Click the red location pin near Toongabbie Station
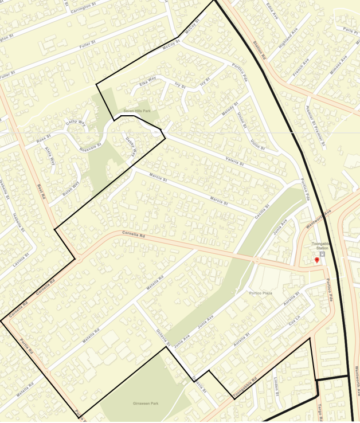(316, 260)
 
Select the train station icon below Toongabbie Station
(322, 253)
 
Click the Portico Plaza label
(261, 293)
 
